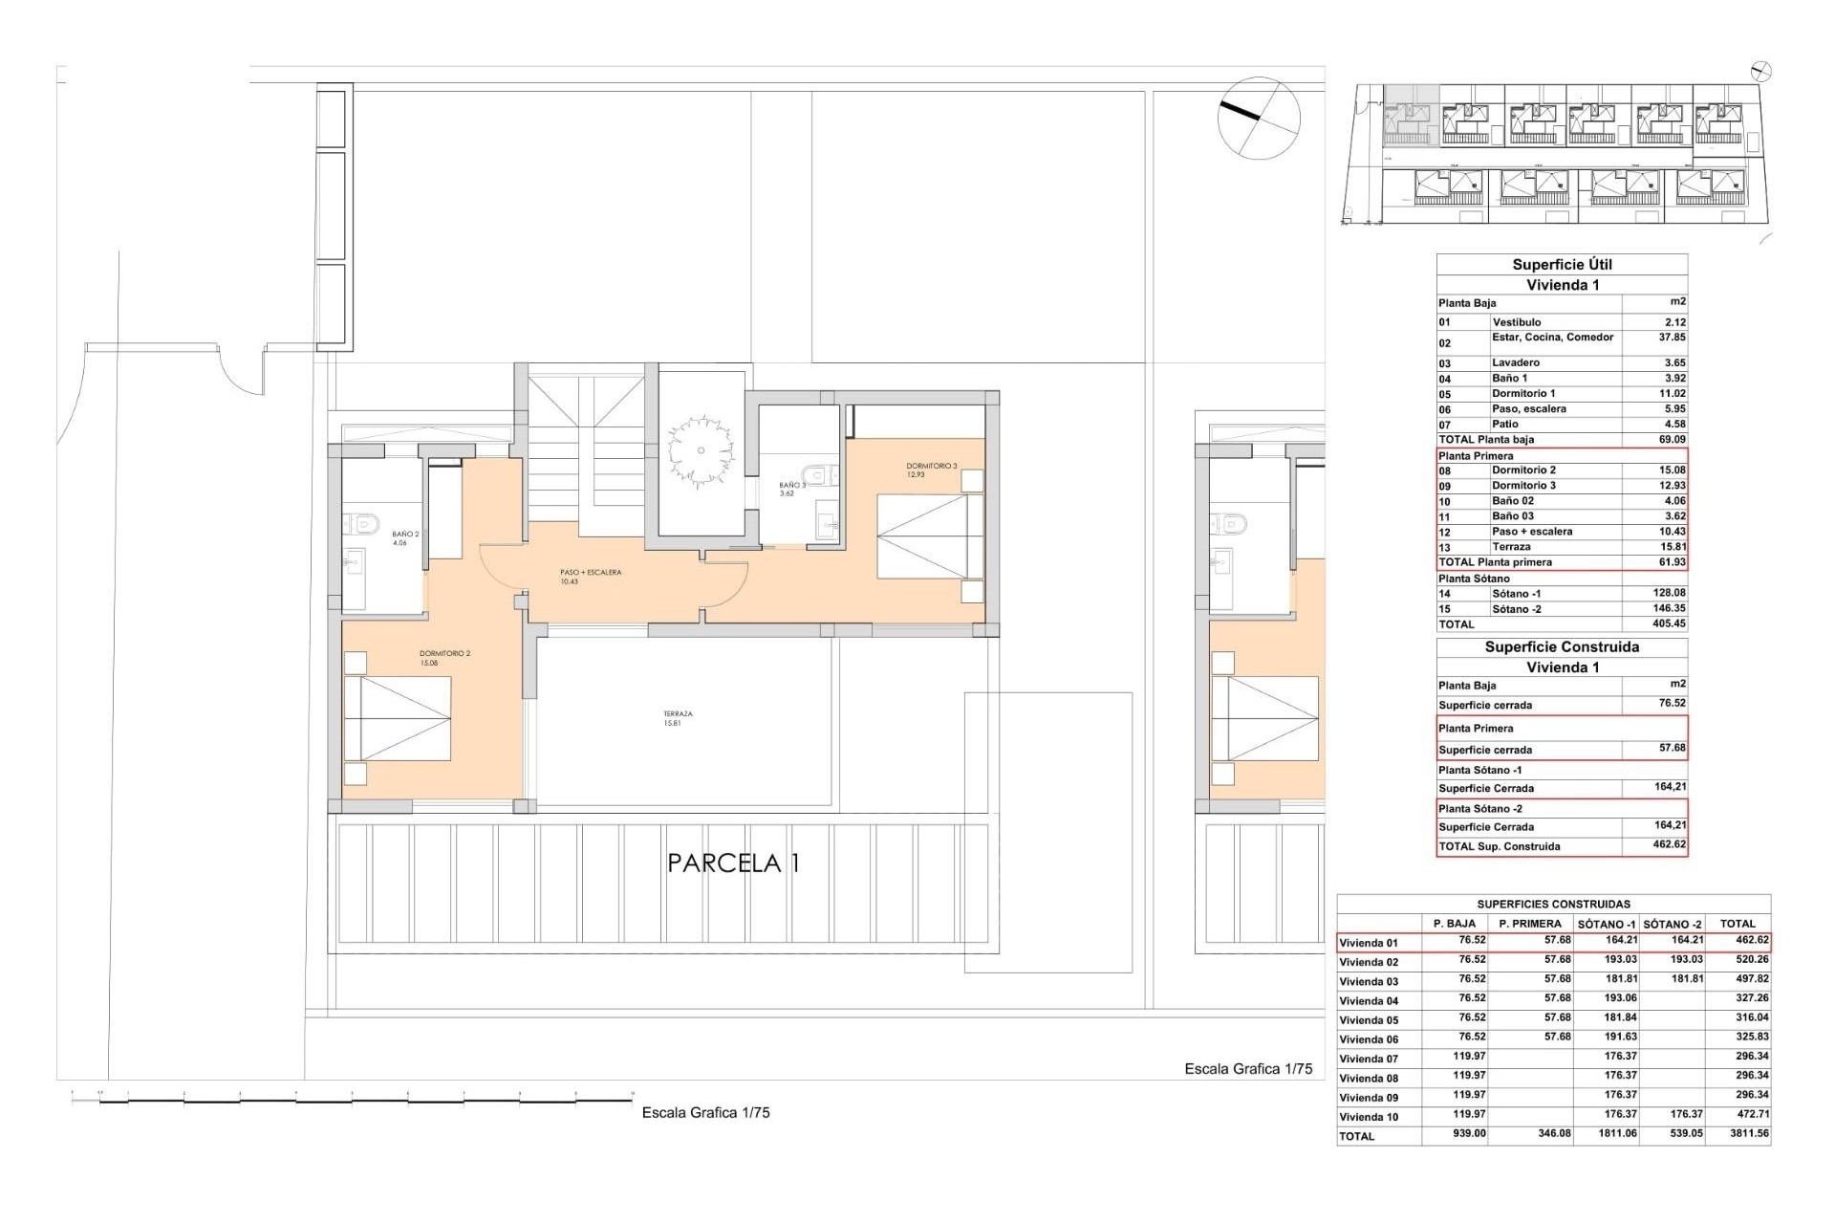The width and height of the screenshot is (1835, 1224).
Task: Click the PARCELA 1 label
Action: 733,863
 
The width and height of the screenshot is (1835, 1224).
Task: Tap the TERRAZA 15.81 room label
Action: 678,718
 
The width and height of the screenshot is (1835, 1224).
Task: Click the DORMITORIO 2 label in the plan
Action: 444,658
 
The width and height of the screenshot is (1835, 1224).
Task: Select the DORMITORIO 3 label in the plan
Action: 931,470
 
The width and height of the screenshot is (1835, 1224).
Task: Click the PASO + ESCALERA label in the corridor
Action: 590,577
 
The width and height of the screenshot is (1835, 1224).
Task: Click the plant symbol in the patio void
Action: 701,450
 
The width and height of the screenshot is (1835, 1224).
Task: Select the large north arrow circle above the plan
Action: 1259,118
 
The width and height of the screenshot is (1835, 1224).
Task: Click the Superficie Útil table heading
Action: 1562,265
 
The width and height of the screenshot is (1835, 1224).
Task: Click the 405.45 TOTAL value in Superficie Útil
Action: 1670,624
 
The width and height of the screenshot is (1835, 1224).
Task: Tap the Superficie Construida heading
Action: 1562,647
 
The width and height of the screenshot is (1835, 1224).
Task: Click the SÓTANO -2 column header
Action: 1673,924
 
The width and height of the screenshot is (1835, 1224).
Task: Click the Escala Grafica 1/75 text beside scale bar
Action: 705,1113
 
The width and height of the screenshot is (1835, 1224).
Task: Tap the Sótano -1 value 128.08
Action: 1670,594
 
